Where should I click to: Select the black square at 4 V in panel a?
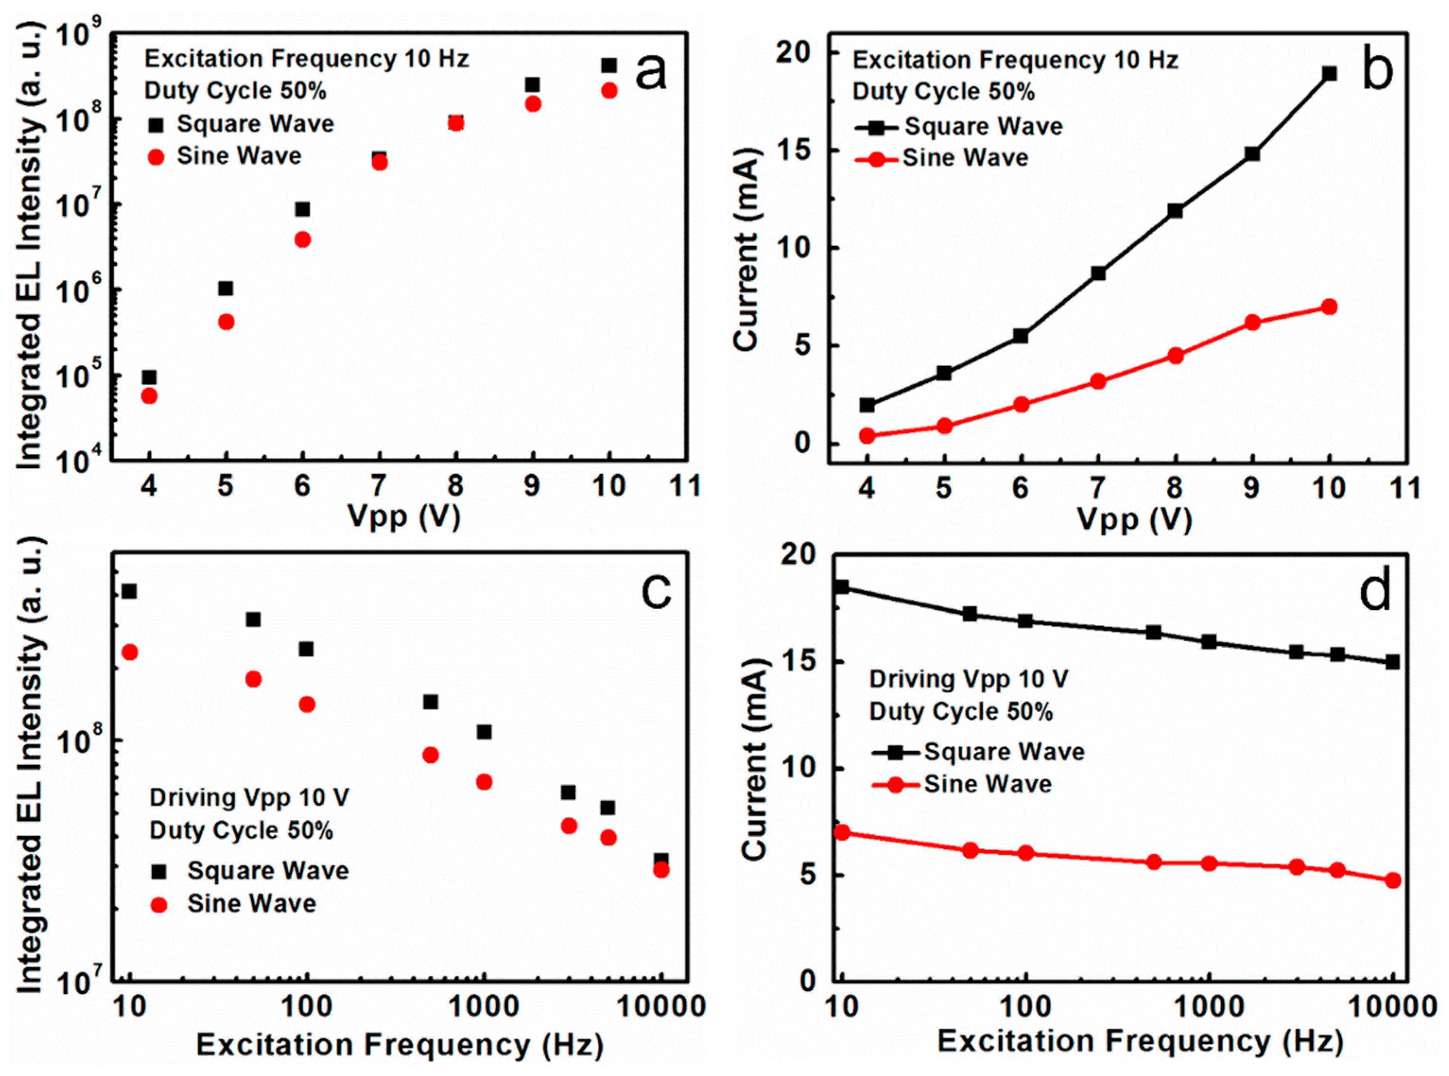(149, 378)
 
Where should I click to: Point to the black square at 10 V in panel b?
(1329, 74)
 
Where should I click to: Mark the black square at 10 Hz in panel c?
(129, 591)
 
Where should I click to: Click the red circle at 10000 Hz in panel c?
(661, 870)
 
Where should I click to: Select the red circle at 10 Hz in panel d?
(842, 832)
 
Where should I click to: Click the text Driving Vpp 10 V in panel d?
(969, 680)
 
